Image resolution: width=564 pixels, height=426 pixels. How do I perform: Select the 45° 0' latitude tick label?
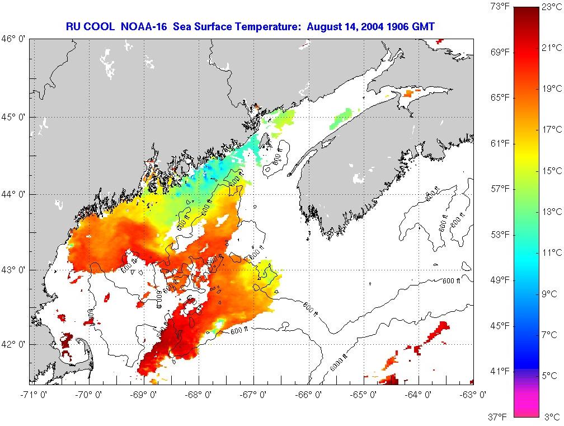[x=15, y=117]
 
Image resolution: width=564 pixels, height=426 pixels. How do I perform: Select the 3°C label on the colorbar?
[x=551, y=416]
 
